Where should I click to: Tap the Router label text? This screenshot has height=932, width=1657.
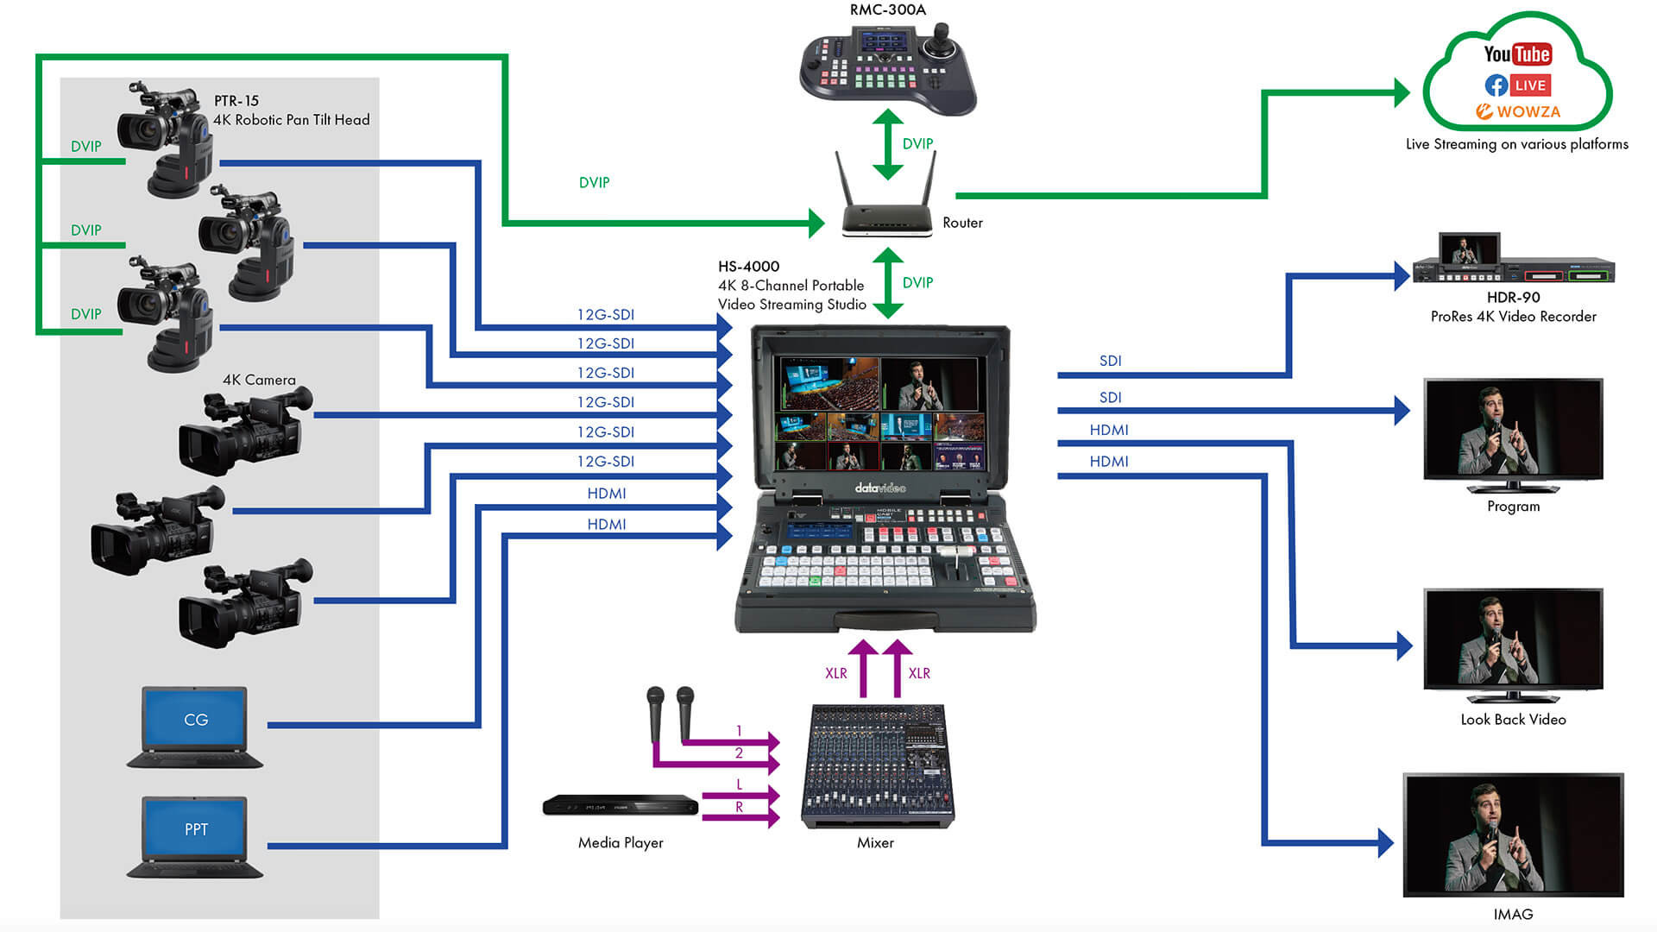[962, 223]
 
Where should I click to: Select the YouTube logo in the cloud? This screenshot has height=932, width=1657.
[1517, 54]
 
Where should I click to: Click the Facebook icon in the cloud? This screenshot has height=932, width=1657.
[1496, 85]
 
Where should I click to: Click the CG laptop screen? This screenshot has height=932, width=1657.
[195, 719]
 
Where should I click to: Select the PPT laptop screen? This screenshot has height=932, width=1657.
[195, 828]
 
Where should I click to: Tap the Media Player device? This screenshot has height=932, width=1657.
[620, 806]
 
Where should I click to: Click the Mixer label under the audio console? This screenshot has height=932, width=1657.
[875, 842]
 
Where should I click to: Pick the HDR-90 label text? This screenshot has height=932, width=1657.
[1513, 298]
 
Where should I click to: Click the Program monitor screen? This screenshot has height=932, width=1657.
[1513, 428]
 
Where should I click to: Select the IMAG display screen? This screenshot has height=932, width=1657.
[1513, 834]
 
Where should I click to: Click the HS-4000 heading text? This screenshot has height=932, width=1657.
[748, 267]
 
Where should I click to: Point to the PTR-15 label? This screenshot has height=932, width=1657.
[236, 101]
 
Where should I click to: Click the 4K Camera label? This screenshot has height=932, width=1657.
[259, 380]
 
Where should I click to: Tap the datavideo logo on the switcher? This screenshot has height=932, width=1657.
[880, 488]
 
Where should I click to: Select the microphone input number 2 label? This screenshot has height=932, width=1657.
[739, 753]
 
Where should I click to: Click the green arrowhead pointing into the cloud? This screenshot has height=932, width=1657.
[1402, 92]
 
